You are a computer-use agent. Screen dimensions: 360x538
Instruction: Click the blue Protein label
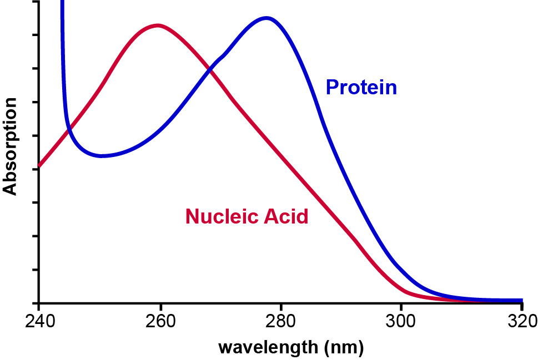(x=361, y=87)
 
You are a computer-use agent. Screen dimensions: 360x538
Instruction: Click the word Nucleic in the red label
(x=217, y=216)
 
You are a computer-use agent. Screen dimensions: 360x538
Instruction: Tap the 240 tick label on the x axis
(x=38, y=322)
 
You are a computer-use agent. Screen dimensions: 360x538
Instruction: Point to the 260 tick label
(x=160, y=322)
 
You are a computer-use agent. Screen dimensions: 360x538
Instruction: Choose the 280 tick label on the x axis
(x=281, y=322)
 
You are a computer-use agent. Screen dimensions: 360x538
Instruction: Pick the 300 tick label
(x=401, y=322)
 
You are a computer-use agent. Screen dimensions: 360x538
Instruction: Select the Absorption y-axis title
(x=9, y=147)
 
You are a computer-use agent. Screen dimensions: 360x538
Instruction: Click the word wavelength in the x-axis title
(x=267, y=348)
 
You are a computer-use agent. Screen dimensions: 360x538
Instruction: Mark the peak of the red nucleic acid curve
(x=159, y=25)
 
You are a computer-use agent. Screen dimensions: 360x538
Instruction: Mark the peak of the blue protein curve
(x=267, y=18)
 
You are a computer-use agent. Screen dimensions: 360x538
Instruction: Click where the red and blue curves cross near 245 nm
(x=69, y=131)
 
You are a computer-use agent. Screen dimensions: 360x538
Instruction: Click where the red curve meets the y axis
(x=39, y=166)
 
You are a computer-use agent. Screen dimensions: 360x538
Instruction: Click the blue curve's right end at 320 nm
(x=521, y=300)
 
